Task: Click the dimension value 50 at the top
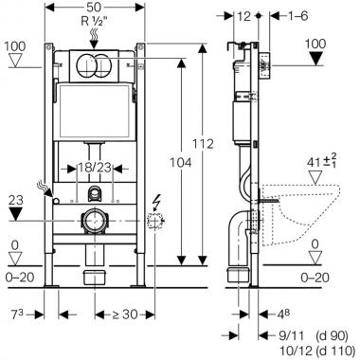tap(95, 7)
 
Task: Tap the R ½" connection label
tap(95, 21)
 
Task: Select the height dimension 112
tap(204, 144)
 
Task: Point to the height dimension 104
tap(181, 163)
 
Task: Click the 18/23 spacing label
tap(95, 168)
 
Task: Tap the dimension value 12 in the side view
tap(243, 16)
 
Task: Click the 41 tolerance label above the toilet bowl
tap(320, 160)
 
